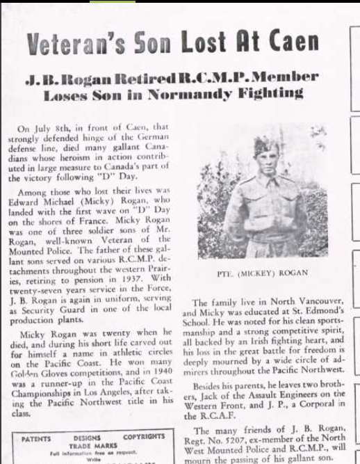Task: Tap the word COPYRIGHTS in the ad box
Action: click(144, 438)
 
